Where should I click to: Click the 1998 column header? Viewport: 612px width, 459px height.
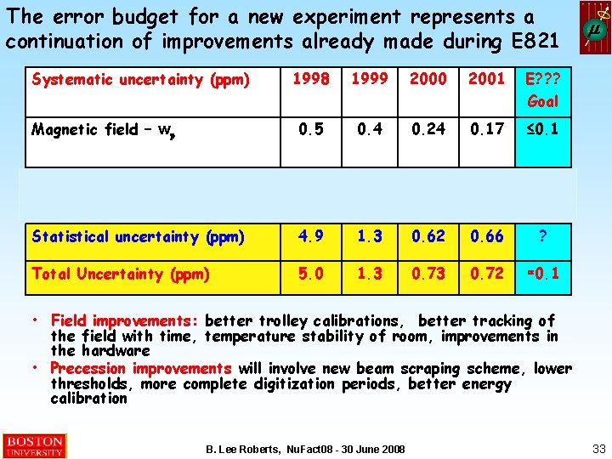(311, 79)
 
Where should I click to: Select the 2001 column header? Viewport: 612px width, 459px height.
(485, 79)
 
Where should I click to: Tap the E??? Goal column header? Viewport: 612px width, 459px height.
(543, 89)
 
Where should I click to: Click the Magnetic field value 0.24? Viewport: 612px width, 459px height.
(428, 129)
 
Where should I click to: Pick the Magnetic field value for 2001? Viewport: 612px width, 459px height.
(485, 129)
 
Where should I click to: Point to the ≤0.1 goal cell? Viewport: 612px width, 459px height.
(543, 129)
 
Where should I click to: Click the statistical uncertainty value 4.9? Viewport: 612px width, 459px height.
(311, 236)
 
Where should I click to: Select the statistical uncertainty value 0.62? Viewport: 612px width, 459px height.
(428, 236)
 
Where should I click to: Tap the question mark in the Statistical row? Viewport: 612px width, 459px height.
(543, 237)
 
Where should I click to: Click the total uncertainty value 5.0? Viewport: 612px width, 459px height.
(311, 274)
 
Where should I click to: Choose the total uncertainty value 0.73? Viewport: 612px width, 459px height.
(428, 274)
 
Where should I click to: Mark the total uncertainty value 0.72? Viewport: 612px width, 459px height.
(485, 274)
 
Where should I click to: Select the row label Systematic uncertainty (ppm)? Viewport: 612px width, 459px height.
(140, 80)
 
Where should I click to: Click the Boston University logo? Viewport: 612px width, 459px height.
(34, 445)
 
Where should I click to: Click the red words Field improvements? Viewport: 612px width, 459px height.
(124, 320)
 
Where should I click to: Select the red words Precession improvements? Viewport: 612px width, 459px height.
(140, 368)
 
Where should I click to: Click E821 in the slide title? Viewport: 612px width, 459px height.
(527, 40)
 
